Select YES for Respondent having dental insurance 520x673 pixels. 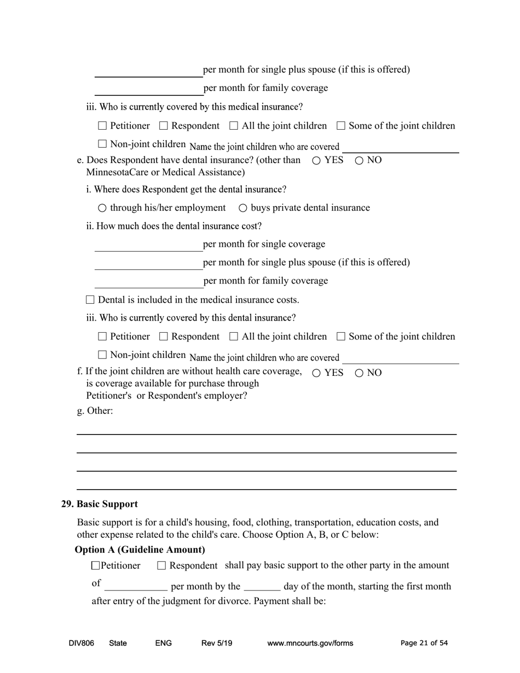click(316, 161)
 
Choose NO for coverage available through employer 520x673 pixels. click(359, 373)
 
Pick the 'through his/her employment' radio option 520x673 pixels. click(102, 208)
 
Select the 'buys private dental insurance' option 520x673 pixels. click(243, 208)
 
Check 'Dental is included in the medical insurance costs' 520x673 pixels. click(90, 300)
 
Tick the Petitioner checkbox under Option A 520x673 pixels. click(96, 566)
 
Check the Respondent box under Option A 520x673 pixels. click(161, 566)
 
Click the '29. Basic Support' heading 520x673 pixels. click(99, 504)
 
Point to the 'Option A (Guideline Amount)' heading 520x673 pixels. click(140, 549)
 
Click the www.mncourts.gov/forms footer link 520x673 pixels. click(310, 643)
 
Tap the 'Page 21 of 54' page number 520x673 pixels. click(424, 643)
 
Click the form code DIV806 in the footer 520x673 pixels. click(82, 643)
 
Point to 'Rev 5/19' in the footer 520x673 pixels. click(217, 643)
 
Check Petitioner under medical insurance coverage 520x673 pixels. click(102, 126)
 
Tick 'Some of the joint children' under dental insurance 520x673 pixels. click(341, 336)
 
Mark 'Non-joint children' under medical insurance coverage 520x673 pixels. click(102, 144)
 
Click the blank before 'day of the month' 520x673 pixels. click(262, 587)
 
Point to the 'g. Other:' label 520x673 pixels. click(95, 411)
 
